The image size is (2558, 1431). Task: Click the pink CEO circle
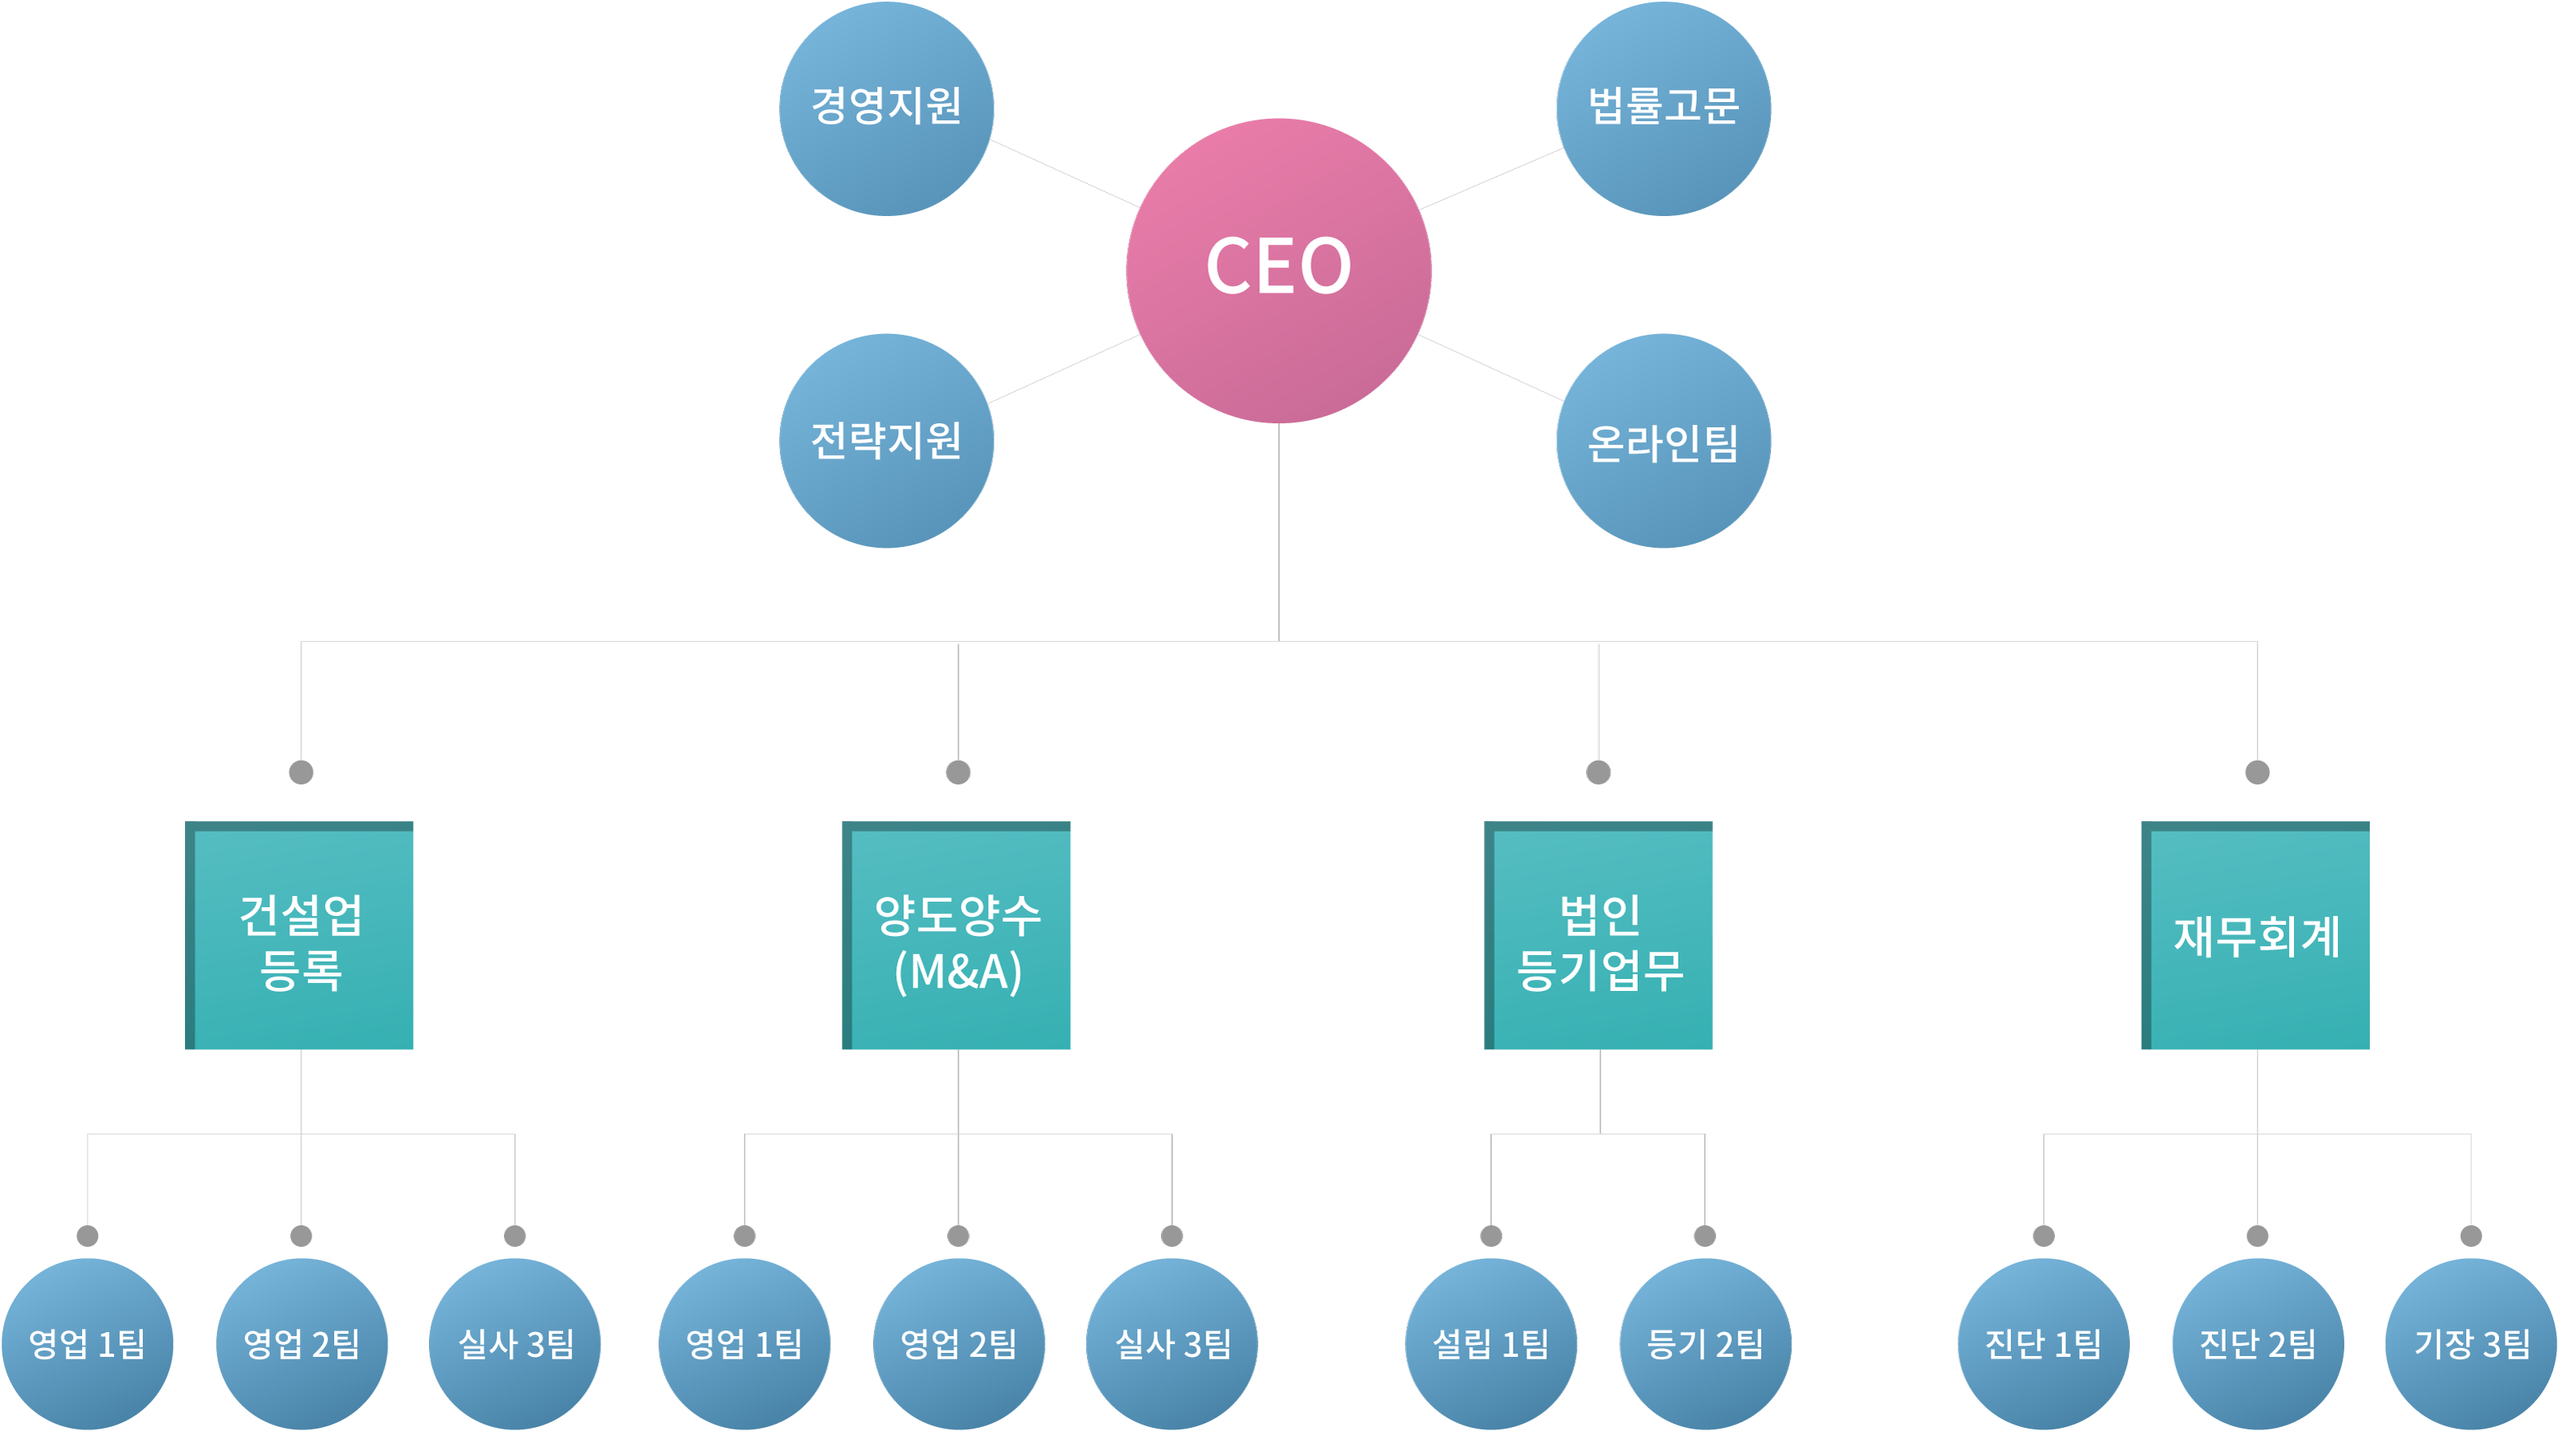tap(1278, 270)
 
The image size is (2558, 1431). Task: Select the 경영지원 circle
tap(886, 108)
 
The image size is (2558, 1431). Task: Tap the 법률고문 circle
tap(1663, 108)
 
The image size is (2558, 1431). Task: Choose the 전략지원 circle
tap(886, 440)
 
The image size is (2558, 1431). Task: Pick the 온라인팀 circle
tap(1663, 440)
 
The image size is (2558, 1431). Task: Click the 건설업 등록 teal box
tap(300, 935)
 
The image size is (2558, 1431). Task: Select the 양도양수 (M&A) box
tap(956, 935)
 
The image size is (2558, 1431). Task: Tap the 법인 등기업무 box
tap(1599, 935)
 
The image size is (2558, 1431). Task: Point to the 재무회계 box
tap(2255, 935)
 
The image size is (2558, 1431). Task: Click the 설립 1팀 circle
tap(1490, 1343)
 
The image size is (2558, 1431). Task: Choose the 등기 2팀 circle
tap(1705, 1343)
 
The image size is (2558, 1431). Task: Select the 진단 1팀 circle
tap(2044, 1343)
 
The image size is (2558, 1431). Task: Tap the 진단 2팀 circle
tap(2257, 1343)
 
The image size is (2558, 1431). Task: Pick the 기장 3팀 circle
tap(2470, 1343)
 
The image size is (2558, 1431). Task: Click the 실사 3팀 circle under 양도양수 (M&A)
tap(1172, 1343)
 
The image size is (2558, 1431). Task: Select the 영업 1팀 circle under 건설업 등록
tap(88, 1343)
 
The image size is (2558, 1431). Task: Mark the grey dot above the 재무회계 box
tap(2257, 772)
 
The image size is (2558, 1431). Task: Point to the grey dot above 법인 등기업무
tap(1598, 772)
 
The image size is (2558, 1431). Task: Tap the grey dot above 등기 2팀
tap(1705, 1236)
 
